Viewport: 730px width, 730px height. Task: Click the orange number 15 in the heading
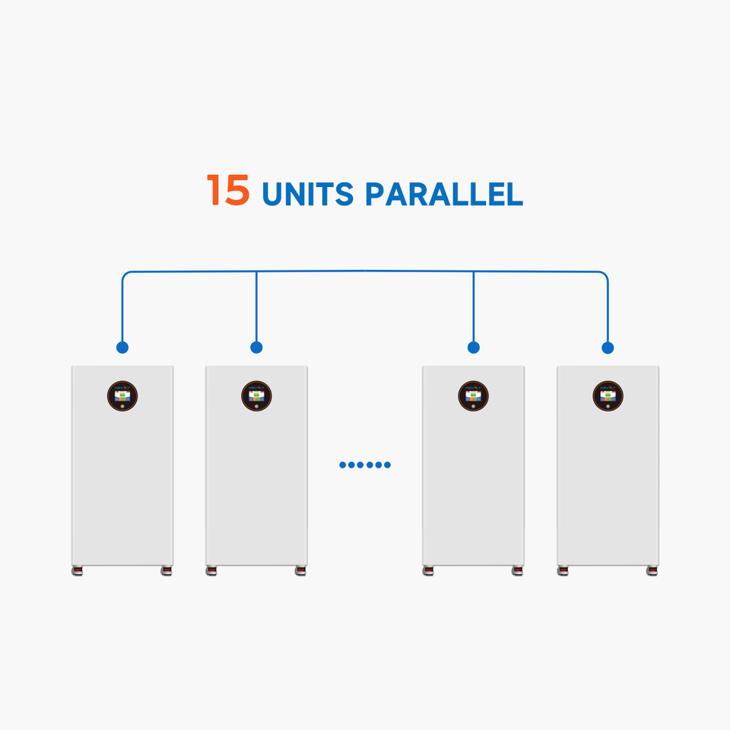pos(228,190)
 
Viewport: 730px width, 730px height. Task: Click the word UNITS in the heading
pos(308,194)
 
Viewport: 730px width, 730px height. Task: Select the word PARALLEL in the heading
pos(444,194)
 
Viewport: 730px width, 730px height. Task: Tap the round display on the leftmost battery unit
pos(122,396)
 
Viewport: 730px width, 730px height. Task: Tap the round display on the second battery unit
pos(256,396)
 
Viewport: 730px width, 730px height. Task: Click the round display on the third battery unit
pos(474,396)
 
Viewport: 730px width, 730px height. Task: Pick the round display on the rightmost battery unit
pos(608,396)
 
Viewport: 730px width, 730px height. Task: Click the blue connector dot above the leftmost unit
pos(122,348)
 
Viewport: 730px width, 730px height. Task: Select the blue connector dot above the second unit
pos(256,348)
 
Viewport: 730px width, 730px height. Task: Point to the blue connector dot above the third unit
pos(474,348)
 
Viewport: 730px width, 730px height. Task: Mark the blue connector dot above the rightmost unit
pos(608,348)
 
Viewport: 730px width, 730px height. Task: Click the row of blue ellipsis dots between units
pos(365,465)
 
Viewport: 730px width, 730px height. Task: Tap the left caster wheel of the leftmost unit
pos(78,571)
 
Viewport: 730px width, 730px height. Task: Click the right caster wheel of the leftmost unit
pos(167,571)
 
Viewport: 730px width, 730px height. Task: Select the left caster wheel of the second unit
pos(211,571)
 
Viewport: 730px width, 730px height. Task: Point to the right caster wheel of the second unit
pos(301,571)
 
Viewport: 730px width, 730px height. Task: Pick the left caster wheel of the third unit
pos(428,571)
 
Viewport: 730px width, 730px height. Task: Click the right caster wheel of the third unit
pos(518,571)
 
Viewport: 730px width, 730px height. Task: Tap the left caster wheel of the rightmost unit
pos(563,571)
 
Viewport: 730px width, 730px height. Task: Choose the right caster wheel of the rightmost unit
pos(652,571)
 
